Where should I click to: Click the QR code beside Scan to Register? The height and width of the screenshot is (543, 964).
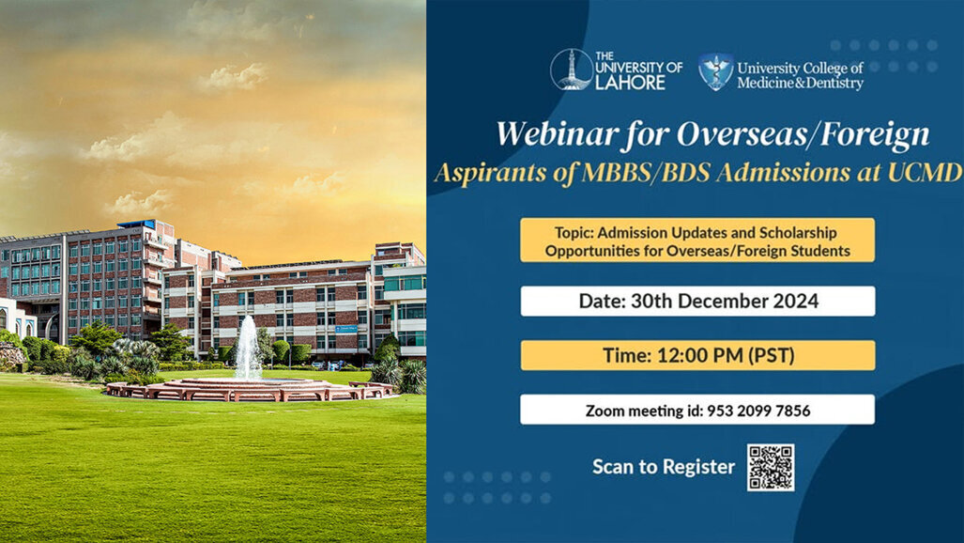pyautogui.click(x=770, y=467)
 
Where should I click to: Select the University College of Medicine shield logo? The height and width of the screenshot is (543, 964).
pyautogui.click(x=716, y=71)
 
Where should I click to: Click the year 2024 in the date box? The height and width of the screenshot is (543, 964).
pyautogui.click(x=790, y=302)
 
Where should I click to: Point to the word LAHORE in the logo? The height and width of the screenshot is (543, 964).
pyautogui.click(x=631, y=83)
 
